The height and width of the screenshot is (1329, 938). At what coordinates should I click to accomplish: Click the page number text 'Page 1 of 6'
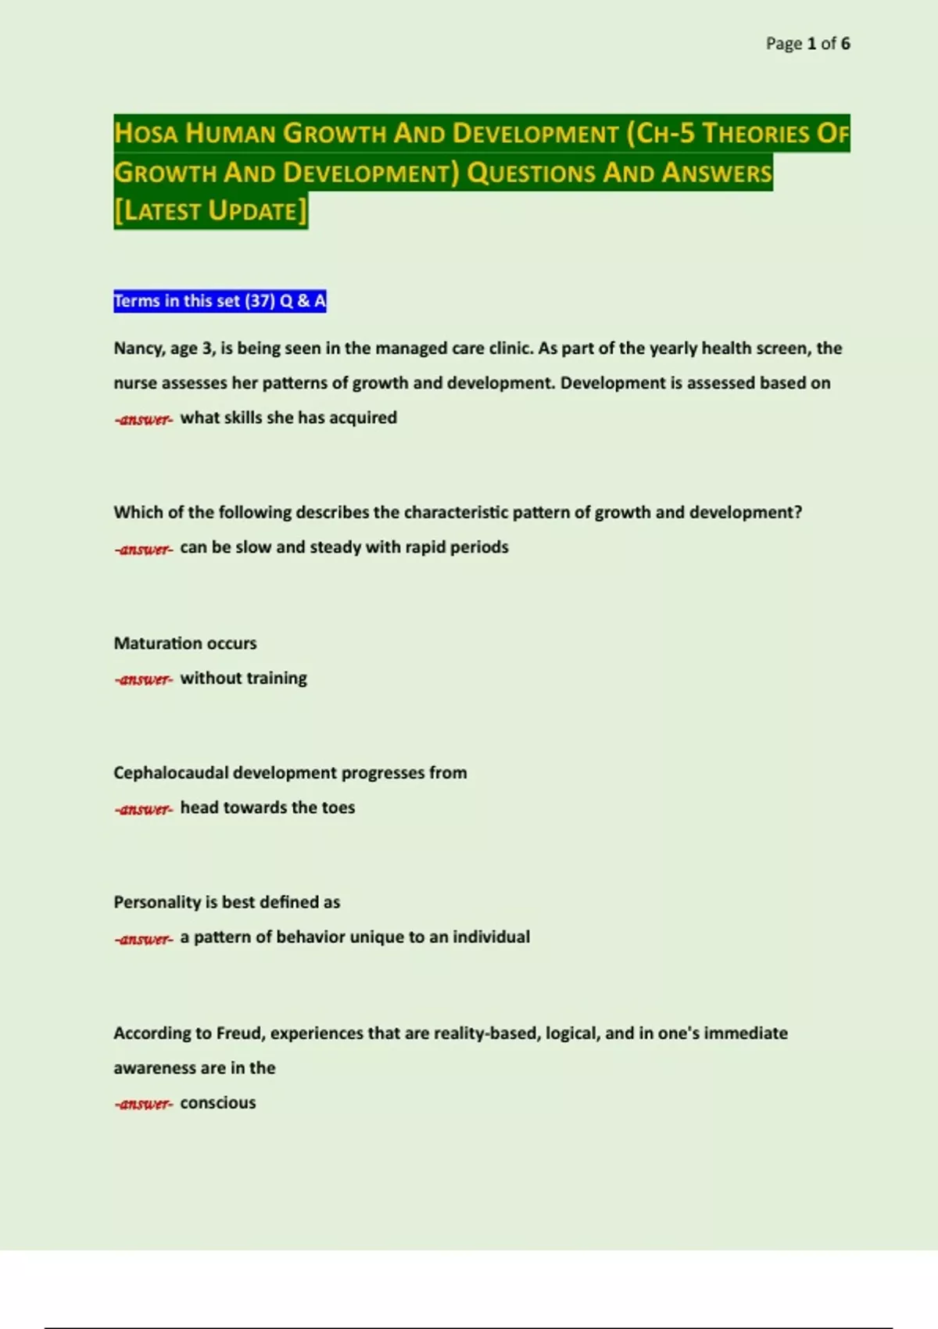coord(807,44)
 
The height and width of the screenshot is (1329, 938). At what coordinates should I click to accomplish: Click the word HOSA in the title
coord(145,134)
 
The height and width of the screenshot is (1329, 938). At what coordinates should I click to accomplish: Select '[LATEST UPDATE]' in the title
coord(210,211)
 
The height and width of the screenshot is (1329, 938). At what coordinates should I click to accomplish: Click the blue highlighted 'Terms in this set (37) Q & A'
coord(220,301)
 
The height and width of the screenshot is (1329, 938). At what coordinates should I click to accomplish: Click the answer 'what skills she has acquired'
coord(288,418)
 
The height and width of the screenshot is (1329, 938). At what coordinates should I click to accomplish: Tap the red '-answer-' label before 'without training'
coord(143,679)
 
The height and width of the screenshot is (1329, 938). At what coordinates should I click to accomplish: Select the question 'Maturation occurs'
coord(185,643)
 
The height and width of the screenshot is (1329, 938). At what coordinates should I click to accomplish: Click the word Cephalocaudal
coord(170,773)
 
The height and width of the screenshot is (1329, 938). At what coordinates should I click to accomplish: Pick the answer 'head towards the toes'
coord(267,808)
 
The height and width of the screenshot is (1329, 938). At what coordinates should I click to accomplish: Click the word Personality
coord(157,902)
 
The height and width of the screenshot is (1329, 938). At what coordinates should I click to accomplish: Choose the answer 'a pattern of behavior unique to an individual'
coord(355,937)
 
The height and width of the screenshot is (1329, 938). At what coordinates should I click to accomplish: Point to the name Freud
coord(240,1033)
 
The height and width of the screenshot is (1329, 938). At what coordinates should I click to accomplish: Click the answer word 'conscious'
coord(218,1103)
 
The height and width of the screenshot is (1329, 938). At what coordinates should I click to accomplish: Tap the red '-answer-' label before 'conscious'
coord(143,1104)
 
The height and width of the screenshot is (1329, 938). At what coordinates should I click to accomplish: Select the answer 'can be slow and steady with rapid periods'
coord(344,547)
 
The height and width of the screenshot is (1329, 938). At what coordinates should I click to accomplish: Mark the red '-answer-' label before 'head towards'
coord(143,809)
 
